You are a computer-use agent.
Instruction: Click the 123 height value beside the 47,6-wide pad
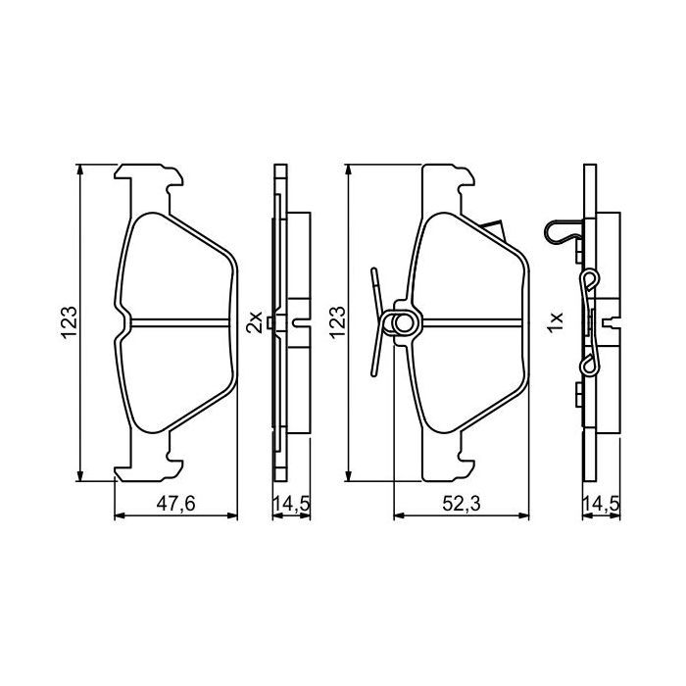[x=69, y=322]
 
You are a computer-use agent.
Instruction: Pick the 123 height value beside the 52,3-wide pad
[x=336, y=322]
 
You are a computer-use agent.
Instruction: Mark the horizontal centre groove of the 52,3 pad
[x=470, y=323]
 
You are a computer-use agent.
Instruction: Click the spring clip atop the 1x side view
[x=563, y=232]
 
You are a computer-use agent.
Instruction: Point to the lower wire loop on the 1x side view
[x=589, y=367]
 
